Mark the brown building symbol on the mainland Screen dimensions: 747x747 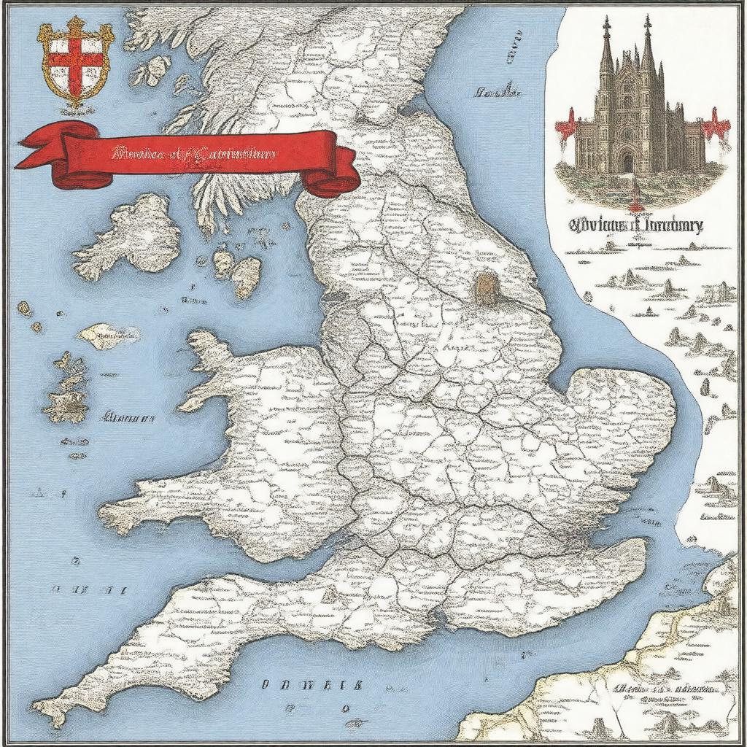click(x=486, y=287)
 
